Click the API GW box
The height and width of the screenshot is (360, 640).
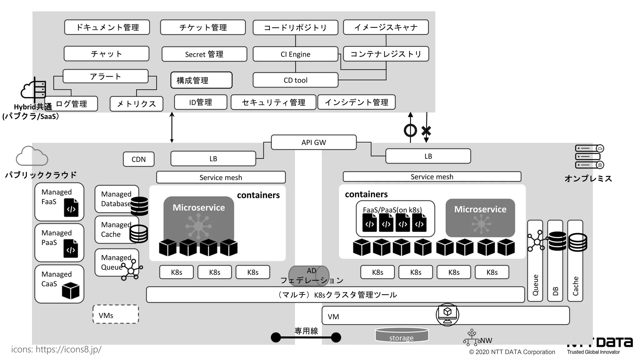point(313,142)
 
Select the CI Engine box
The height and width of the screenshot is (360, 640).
point(295,54)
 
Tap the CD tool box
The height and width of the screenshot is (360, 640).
point(295,80)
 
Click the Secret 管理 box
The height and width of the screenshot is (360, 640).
point(204,54)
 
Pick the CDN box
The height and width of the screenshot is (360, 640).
point(138,159)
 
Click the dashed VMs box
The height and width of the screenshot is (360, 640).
point(116,314)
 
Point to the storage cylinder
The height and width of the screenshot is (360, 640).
point(402,335)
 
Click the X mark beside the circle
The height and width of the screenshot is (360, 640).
point(426,130)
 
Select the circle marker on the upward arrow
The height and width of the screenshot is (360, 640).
point(410,130)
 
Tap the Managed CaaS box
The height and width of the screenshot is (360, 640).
point(59,284)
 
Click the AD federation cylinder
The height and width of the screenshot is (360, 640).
point(309,275)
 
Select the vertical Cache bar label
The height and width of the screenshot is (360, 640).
point(575,286)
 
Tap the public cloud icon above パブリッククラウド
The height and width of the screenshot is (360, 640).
point(32,156)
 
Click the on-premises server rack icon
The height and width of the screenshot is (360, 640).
point(589,157)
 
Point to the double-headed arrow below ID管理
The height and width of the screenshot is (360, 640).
point(172,127)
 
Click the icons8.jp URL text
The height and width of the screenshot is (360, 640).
point(56,349)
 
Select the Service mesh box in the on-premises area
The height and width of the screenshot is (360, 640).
point(432,177)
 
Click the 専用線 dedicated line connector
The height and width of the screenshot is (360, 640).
point(306,337)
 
